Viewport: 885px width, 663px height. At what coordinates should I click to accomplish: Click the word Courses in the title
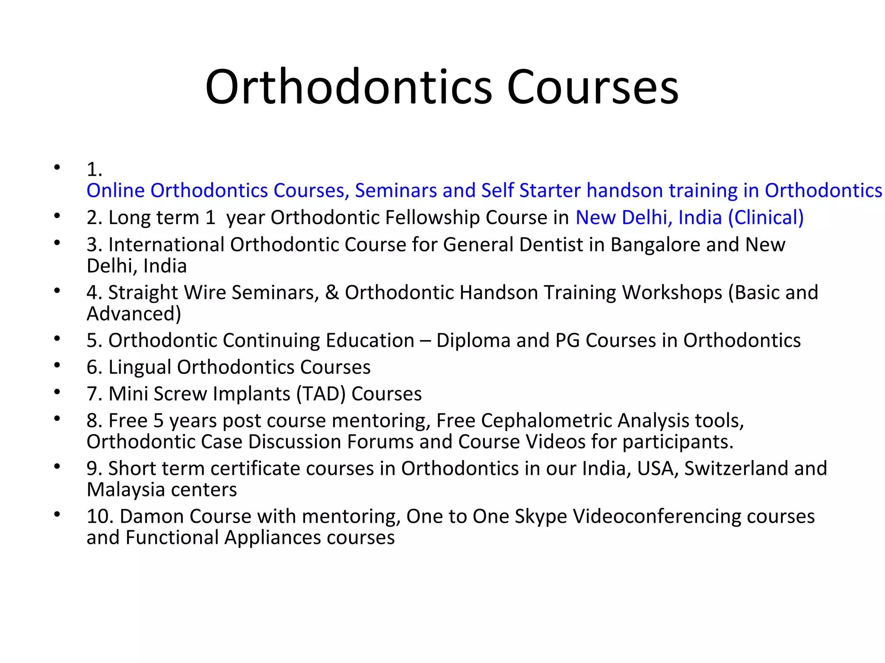[x=592, y=87]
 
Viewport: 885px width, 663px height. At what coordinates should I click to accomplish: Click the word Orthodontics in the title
[x=348, y=87]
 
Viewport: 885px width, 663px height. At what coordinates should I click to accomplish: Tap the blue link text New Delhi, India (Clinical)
[x=689, y=218]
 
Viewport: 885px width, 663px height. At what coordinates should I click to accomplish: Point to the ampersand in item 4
[x=332, y=293]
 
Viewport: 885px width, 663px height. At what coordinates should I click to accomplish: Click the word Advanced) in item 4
[x=134, y=314]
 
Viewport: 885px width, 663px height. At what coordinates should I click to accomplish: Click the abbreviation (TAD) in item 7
[x=321, y=394]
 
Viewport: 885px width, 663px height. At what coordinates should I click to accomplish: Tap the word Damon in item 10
[x=152, y=517]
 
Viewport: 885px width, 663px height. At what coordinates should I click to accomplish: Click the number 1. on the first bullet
[x=94, y=169]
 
